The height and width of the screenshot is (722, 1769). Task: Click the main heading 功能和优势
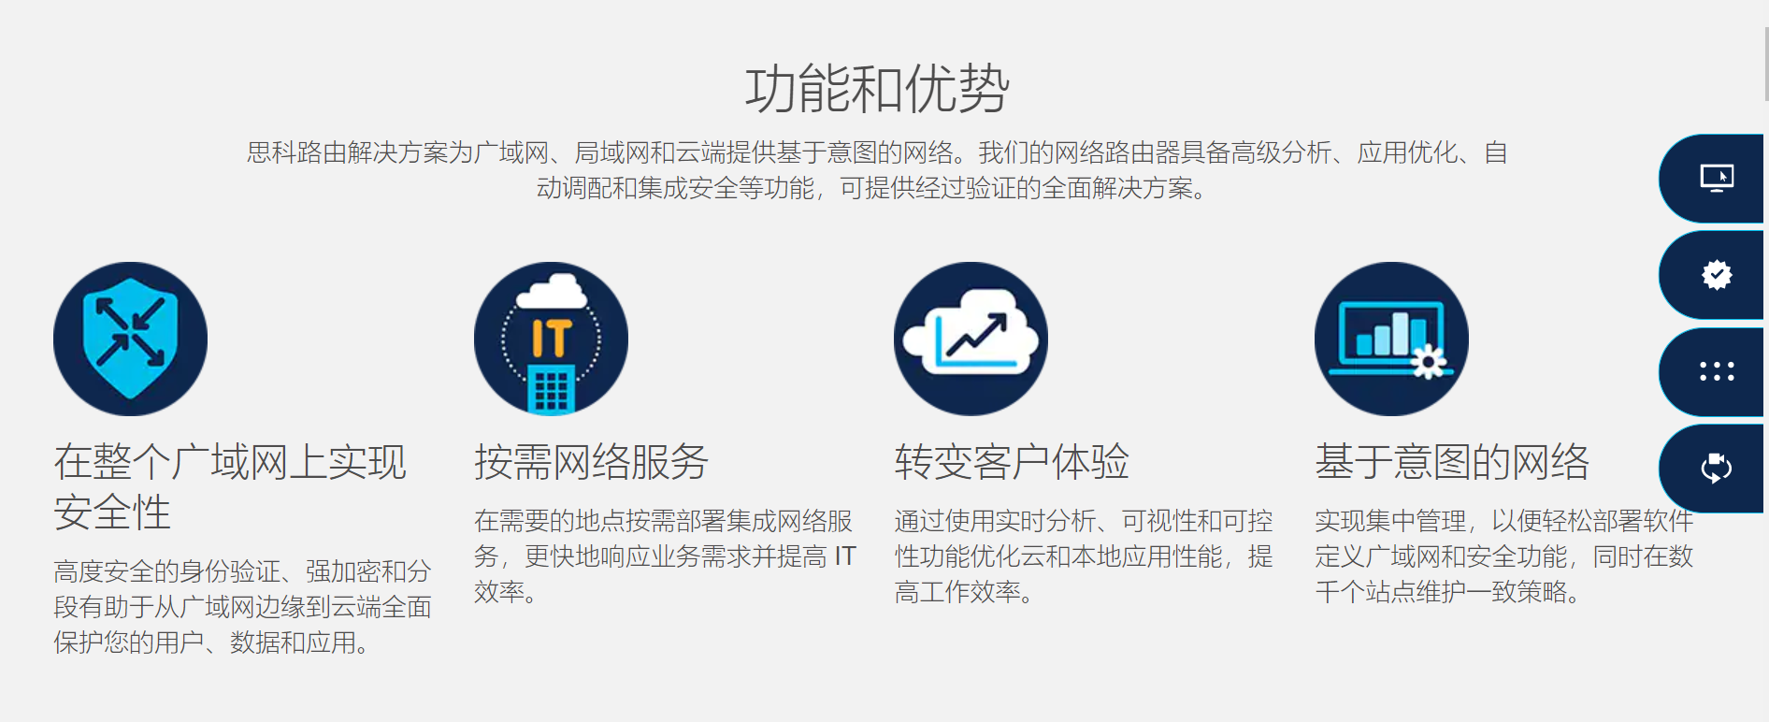click(877, 89)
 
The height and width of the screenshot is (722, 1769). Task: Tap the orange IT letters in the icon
click(552, 338)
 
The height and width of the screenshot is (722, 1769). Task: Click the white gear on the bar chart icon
click(1429, 361)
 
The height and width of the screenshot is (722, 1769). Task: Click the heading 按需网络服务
click(591, 462)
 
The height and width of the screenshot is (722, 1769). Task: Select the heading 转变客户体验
click(1012, 462)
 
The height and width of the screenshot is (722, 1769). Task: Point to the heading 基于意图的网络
click(1452, 462)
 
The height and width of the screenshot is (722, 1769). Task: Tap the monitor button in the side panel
click(1717, 178)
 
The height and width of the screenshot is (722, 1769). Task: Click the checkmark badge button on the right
click(1717, 275)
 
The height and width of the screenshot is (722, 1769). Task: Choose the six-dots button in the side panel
click(1717, 372)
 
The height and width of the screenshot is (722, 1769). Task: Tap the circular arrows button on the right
click(1717, 468)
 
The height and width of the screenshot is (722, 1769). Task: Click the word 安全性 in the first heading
click(112, 513)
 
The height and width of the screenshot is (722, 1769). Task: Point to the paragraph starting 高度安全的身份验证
click(242, 607)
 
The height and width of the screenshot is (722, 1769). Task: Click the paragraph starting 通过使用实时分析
click(1084, 556)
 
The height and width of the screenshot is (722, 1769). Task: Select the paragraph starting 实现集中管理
click(1503, 556)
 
